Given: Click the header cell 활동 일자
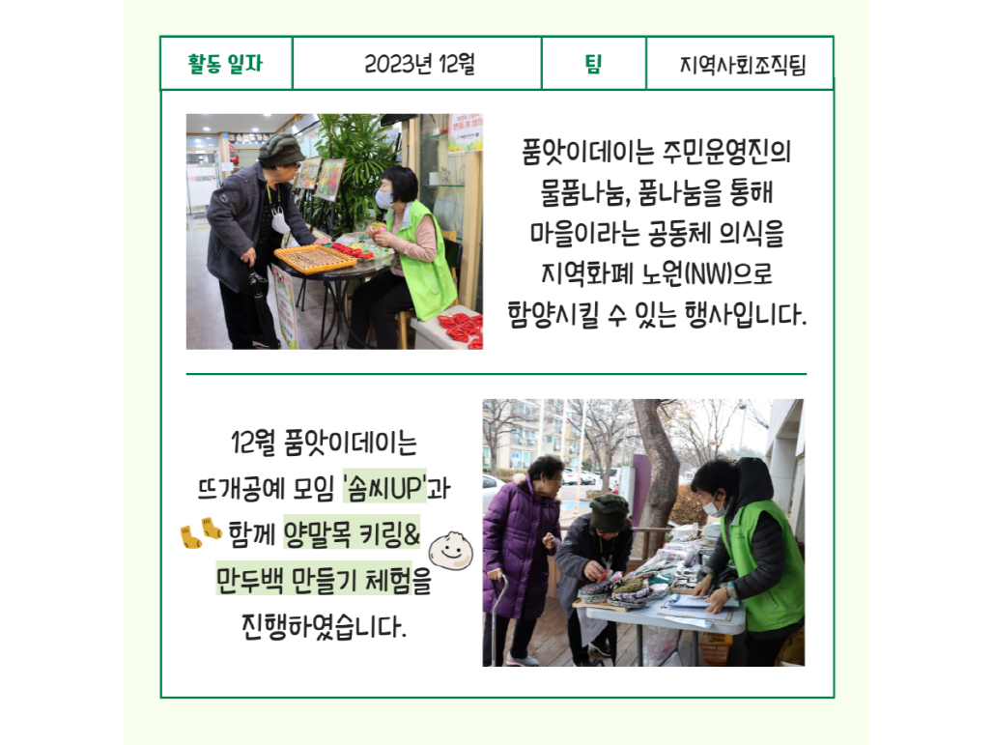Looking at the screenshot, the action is [x=225, y=64].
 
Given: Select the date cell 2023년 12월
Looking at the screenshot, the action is [x=418, y=64].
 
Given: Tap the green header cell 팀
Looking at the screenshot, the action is [x=593, y=64].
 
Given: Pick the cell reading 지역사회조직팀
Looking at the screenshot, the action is [x=741, y=64].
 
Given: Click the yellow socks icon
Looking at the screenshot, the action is [x=201, y=532].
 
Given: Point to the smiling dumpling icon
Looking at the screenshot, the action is [x=450, y=550].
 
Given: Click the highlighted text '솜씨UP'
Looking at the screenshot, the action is [x=385, y=488].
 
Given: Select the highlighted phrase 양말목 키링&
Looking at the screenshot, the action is [x=352, y=533].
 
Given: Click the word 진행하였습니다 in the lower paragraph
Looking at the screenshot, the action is [x=323, y=626].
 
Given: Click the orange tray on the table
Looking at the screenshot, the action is [x=315, y=258].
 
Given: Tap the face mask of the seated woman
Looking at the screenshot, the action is [x=384, y=199].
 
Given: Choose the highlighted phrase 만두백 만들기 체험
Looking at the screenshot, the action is [x=314, y=579].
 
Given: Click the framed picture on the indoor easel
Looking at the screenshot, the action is [x=330, y=180].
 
